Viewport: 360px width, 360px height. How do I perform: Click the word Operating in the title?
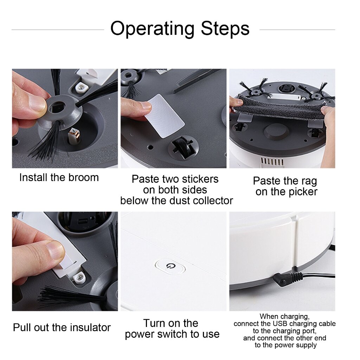tap(153, 28)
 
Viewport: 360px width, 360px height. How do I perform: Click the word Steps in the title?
tap(225, 28)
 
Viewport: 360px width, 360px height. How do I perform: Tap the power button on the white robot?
tap(171, 266)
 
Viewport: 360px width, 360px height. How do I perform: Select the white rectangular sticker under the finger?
tap(164, 115)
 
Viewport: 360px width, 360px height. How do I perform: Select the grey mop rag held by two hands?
tap(279, 106)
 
